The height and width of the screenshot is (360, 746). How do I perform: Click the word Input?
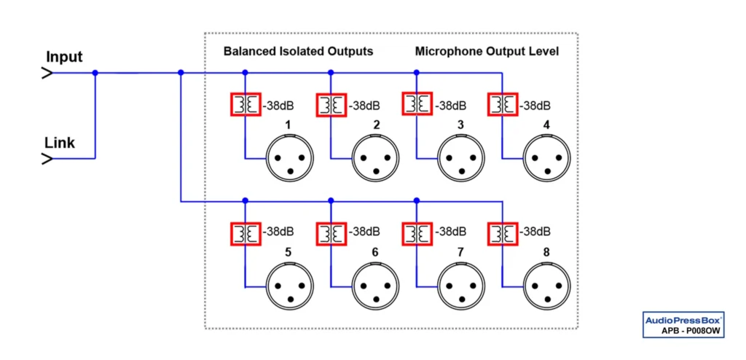pyautogui.click(x=64, y=57)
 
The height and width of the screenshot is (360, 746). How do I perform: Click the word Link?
pyautogui.click(x=60, y=142)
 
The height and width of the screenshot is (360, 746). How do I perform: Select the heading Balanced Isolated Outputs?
pyautogui.click(x=298, y=52)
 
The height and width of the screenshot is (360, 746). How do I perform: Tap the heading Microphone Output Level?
pyautogui.click(x=487, y=52)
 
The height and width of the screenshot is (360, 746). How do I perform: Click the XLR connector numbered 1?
pyautogui.click(x=290, y=158)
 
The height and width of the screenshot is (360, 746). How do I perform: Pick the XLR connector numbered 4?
pyautogui.click(x=547, y=158)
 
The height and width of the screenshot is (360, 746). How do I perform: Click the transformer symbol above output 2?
pyautogui.click(x=331, y=105)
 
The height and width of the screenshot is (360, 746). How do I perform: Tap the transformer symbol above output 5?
pyautogui.click(x=246, y=233)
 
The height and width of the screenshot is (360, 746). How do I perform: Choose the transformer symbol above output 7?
pyautogui.click(x=417, y=233)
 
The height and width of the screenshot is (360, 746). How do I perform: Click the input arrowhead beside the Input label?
pyautogui.click(x=46, y=73)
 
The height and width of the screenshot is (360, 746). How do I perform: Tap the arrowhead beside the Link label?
pyautogui.click(x=46, y=158)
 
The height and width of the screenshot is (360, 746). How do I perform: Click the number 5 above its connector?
pyautogui.click(x=288, y=253)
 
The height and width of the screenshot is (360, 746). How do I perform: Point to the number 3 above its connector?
pyautogui.click(x=460, y=125)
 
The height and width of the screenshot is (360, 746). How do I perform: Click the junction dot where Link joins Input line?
pyautogui.click(x=95, y=73)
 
